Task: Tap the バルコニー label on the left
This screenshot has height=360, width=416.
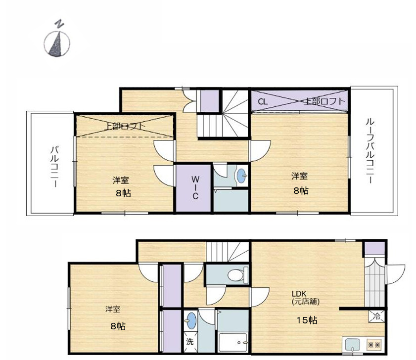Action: click(55, 166)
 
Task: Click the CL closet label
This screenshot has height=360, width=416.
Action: click(263, 102)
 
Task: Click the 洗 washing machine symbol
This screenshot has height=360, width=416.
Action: click(189, 341)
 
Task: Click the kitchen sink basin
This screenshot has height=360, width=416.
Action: click(353, 344)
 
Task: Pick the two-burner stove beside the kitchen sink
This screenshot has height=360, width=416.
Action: click(372, 344)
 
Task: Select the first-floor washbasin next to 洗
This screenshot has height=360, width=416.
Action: click(191, 322)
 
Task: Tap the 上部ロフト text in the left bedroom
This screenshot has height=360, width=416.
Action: click(126, 126)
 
